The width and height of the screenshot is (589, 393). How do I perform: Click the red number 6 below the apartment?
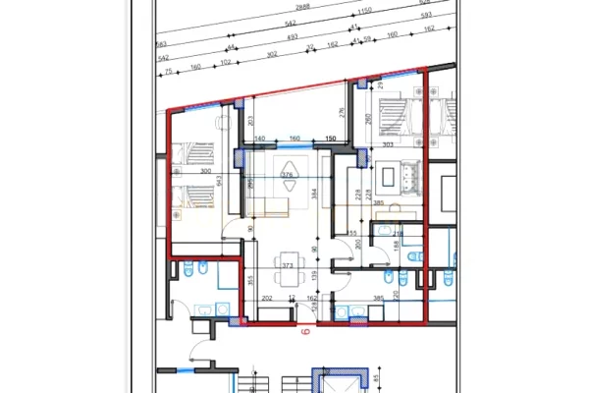click(304, 332)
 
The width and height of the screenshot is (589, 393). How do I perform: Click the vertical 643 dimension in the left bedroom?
click(222, 179)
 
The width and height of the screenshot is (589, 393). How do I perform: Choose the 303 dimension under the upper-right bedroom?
click(388, 144)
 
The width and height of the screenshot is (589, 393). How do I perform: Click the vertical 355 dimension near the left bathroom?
click(251, 281)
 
